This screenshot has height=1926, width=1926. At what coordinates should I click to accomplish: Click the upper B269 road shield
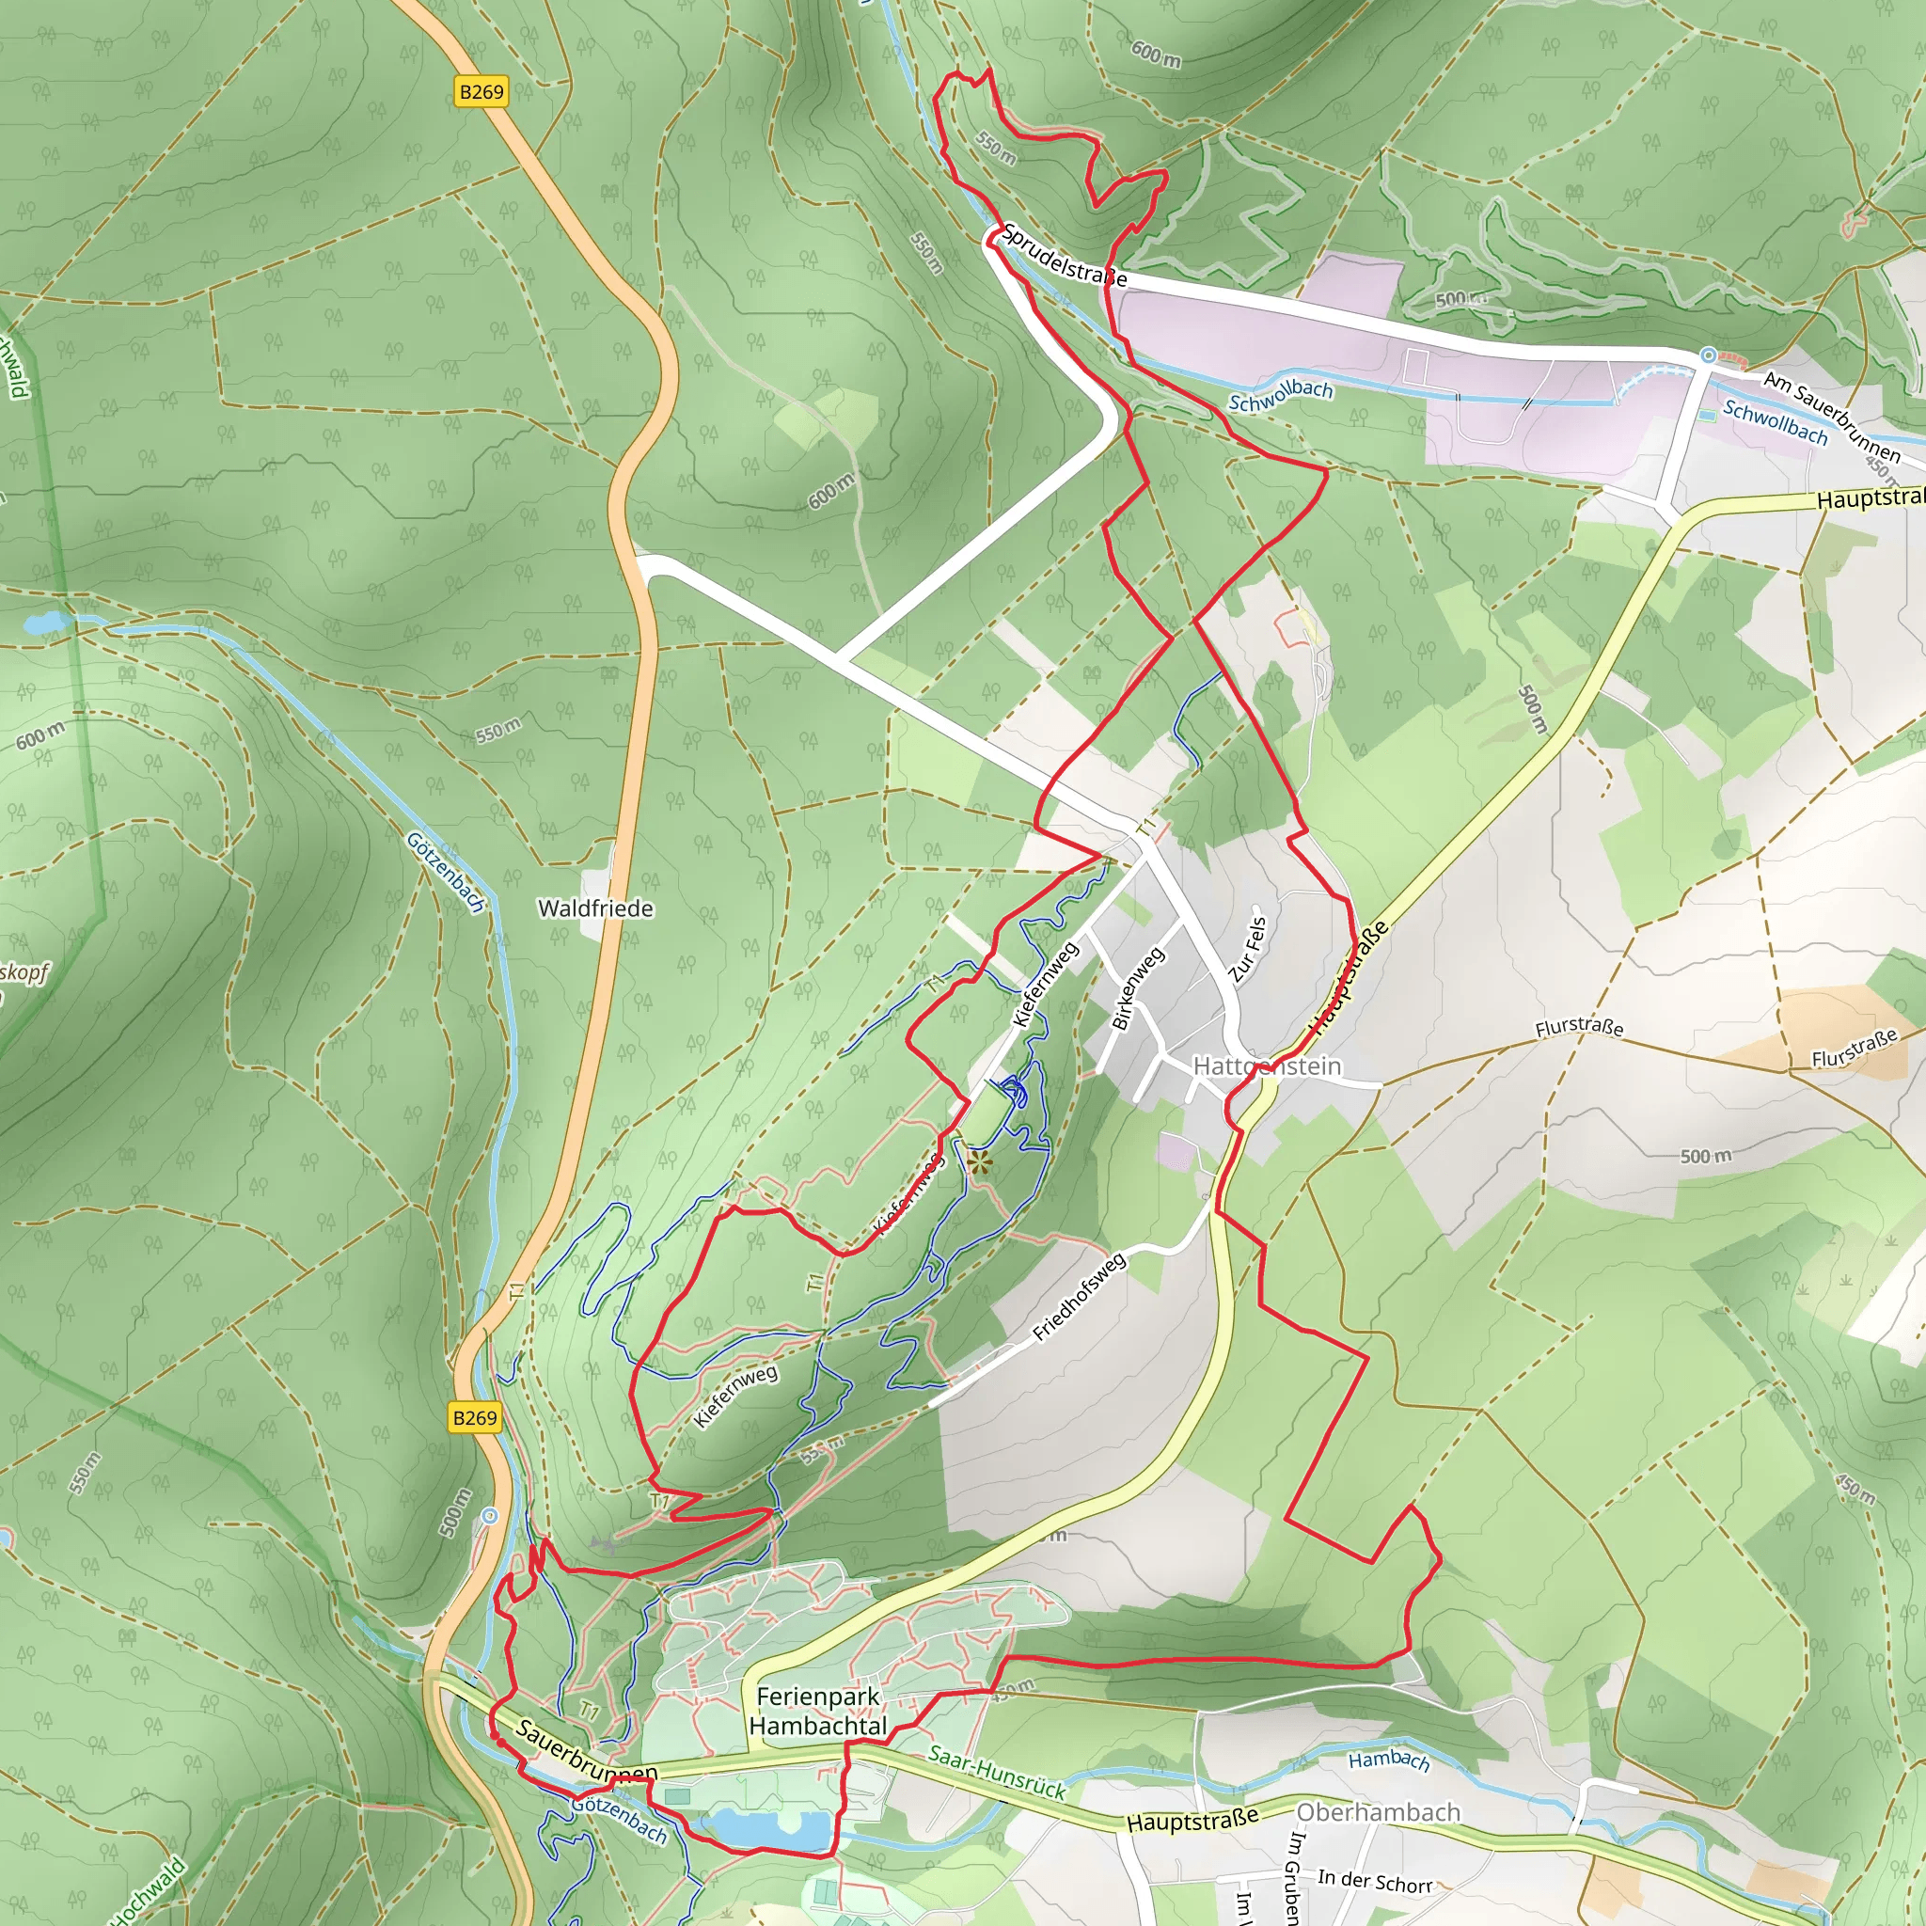pyautogui.click(x=481, y=92)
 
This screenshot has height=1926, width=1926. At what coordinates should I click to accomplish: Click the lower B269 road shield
pyautogui.click(x=475, y=1417)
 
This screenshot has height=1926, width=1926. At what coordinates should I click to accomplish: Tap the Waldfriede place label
pyautogui.click(x=595, y=908)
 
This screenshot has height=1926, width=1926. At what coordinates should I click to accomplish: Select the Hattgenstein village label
pyautogui.click(x=1266, y=1066)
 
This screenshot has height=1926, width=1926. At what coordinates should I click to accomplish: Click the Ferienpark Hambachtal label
pyautogui.click(x=817, y=1711)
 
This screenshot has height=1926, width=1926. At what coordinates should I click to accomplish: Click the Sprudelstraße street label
pyautogui.click(x=1064, y=256)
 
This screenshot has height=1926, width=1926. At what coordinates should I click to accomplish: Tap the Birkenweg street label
pyautogui.click(x=1136, y=989)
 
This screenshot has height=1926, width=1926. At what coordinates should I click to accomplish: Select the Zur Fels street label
pyautogui.click(x=1247, y=949)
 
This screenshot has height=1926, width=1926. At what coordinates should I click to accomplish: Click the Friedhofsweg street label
pyautogui.click(x=1079, y=1297)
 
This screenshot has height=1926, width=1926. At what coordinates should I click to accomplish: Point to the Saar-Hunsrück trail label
pyautogui.click(x=996, y=1772)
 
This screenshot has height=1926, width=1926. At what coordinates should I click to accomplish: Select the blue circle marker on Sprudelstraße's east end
pyautogui.click(x=1709, y=355)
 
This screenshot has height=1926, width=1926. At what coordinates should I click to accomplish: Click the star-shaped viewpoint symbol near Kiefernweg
pyautogui.click(x=979, y=1161)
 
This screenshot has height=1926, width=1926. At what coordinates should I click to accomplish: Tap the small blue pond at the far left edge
pyautogui.click(x=45, y=624)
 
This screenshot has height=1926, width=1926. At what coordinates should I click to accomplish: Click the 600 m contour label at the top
pyautogui.click(x=1156, y=54)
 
